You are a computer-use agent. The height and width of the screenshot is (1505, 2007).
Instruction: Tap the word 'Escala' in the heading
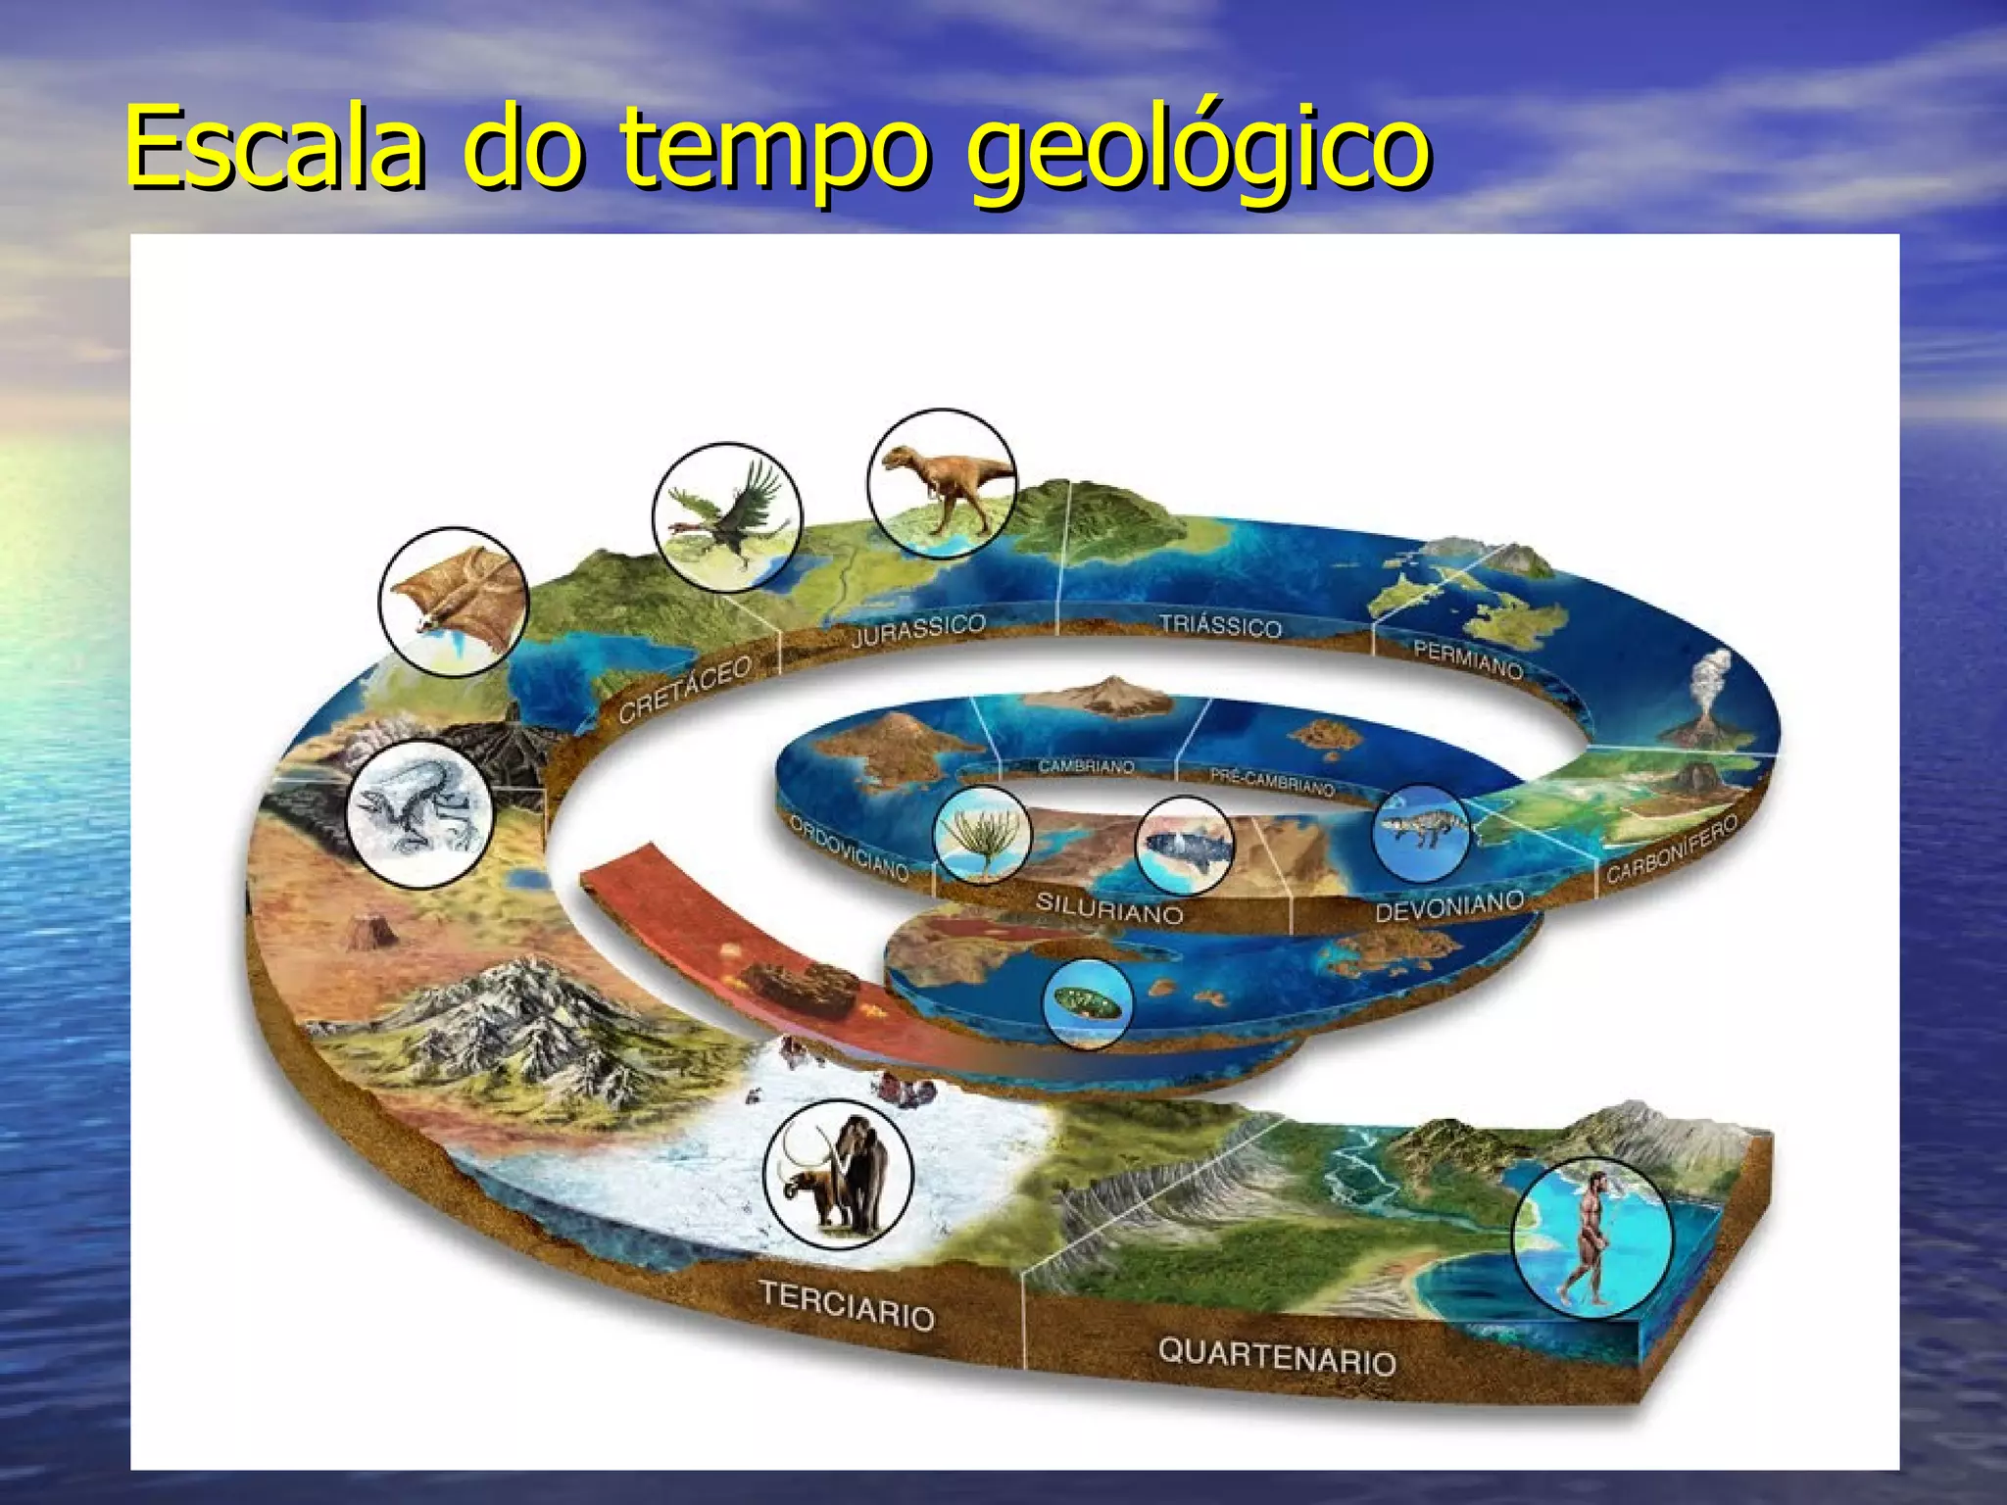(x=275, y=149)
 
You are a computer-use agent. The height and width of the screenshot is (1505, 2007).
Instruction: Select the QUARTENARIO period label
(x=1276, y=1356)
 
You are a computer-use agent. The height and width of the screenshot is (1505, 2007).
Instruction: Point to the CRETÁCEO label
(x=685, y=689)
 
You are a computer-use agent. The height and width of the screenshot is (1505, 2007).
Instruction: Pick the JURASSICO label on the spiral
(x=918, y=630)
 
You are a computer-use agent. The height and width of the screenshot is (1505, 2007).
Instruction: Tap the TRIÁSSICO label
(x=1220, y=625)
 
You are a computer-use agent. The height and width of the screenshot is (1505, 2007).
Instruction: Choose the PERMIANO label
(x=1468, y=659)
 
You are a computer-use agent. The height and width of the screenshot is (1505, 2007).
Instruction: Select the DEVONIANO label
(x=1449, y=906)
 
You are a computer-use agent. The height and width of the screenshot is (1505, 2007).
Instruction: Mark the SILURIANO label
(x=1109, y=908)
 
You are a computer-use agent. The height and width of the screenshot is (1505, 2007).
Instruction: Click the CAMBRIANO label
(x=1086, y=766)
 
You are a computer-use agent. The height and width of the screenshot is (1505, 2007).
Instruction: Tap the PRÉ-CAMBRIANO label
(x=1271, y=781)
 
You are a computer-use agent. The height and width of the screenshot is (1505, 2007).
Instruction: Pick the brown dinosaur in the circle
(x=942, y=484)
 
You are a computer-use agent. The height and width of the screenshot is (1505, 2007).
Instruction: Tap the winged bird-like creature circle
(x=727, y=516)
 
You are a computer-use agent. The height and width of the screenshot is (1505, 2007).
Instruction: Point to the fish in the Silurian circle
(x=1182, y=844)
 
